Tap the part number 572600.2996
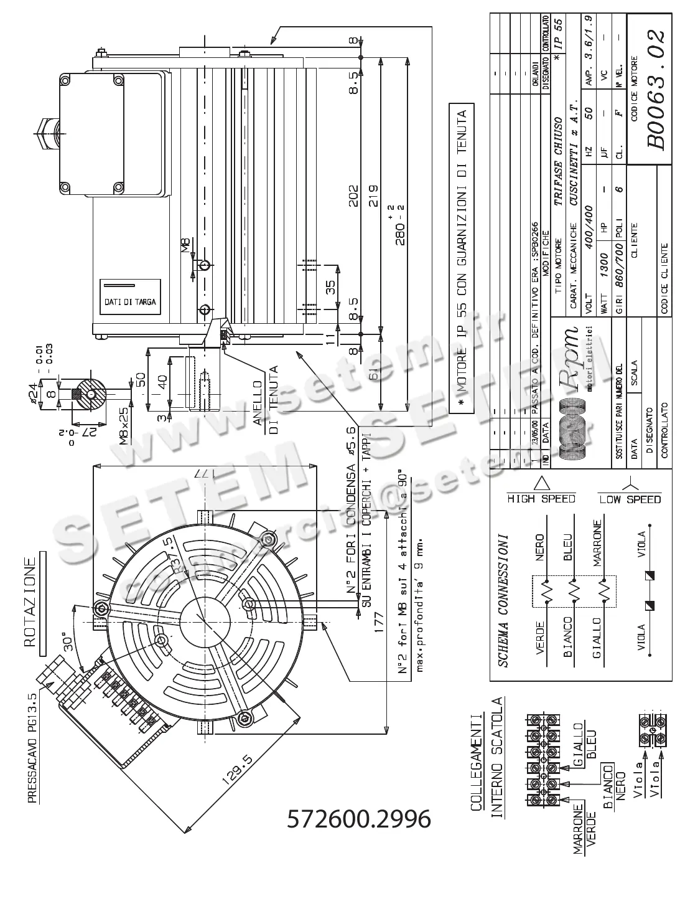pyautogui.click(x=358, y=819)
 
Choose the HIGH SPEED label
pyautogui.click(x=541, y=499)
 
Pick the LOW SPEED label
pyautogui.click(x=630, y=499)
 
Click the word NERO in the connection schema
pyautogui.click(x=539, y=547)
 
